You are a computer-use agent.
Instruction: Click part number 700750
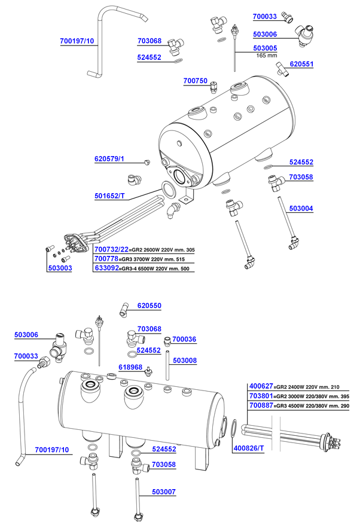point(196,80)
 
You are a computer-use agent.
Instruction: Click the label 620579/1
point(109,159)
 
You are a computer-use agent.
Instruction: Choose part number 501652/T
point(109,196)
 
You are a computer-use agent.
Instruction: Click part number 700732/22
point(111,249)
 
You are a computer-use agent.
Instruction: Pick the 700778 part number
point(106,259)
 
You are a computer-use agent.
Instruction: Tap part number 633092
point(106,269)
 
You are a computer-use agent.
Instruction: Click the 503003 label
point(60,269)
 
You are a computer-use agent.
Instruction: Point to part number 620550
point(149,305)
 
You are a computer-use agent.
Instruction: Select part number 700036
point(184,340)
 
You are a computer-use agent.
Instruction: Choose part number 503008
point(184,361)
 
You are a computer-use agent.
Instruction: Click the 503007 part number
point(164,492)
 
